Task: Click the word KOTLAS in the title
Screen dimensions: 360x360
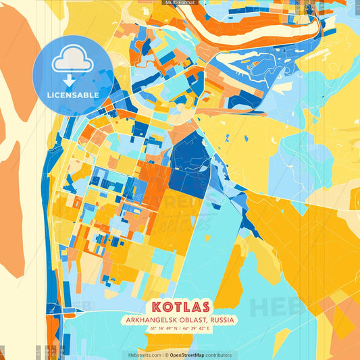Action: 180,307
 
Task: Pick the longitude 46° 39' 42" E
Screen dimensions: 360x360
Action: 197,329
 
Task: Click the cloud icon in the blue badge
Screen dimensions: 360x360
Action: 72,61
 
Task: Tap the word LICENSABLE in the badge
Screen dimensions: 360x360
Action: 72,95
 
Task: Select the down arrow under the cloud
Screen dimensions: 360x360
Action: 72,80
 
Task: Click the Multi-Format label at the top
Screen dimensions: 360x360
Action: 180,3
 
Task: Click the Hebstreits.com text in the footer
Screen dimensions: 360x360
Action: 143,355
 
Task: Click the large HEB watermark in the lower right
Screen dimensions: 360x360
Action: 277,307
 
